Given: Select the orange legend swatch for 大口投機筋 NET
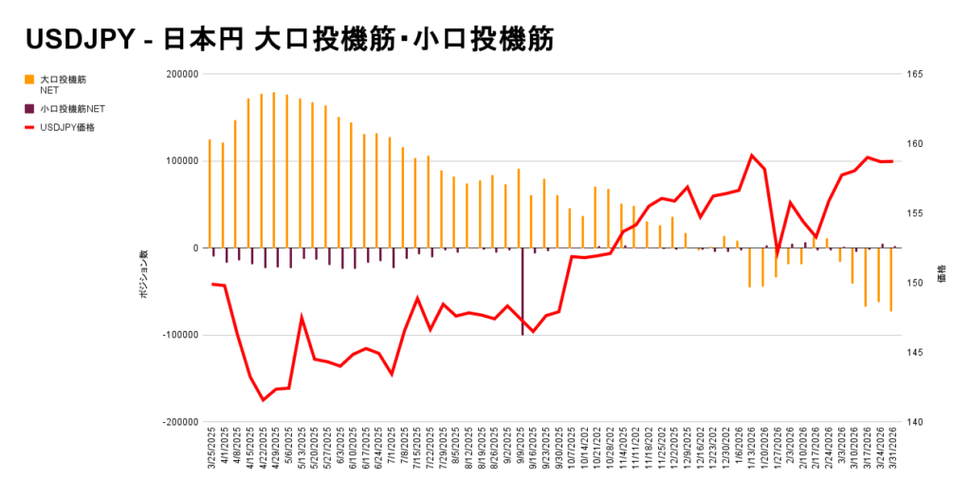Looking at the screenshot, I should pos(30,80).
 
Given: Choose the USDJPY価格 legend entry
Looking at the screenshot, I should pos(66,127).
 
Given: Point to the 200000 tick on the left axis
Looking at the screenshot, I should pos(180,74).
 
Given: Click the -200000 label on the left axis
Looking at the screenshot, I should pos(178,422).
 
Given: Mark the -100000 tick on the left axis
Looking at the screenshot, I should pos(178,335).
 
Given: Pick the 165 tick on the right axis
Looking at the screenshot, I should pos(918,74).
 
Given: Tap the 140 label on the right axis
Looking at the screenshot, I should pos(918,422).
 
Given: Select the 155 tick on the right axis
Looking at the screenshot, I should pos(918,213).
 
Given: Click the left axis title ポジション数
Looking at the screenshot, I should pos(144,276).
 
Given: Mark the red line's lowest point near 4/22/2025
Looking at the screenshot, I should pos(263,400).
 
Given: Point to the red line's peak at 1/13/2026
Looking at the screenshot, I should pos(752,155).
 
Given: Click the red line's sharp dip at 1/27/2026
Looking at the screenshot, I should pos(778,255).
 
